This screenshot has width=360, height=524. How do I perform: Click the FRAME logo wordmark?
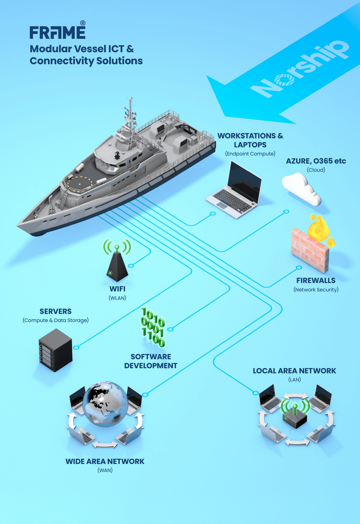[x=57, y=32]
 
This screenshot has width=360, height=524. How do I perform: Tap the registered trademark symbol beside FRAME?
[x=83, y=23]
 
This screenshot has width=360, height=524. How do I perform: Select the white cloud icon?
[x=301, y=189]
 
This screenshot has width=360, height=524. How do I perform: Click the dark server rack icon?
[x=55, y=350]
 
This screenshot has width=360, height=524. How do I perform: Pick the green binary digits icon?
[x=153, y=327]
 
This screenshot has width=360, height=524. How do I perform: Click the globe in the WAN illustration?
[x=105, y=404]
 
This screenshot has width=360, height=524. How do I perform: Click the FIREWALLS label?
[x=316, y=280]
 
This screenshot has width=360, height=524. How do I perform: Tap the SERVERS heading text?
[x=55, y=311]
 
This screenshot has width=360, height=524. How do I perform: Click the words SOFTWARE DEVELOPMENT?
[x=151, y=361]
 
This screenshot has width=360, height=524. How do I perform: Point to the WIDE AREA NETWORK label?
[x=105, y=461]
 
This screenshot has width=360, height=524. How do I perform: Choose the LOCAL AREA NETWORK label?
[x=294, y=371]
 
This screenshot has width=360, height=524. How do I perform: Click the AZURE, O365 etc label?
[x=316, y=161]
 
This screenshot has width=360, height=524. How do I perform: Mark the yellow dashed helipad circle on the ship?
[x=79, y=184]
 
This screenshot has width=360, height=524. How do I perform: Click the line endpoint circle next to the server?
[x=76, y=348]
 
